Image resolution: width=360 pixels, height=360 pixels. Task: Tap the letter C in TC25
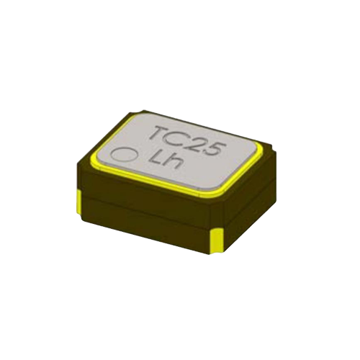coord(178,138)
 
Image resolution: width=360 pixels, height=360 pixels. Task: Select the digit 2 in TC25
coord(197,143)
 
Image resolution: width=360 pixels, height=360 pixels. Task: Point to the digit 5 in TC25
coord(215,148)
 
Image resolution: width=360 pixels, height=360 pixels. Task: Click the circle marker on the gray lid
coord(125,154)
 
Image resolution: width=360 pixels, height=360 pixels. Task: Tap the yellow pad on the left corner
coord(80,202)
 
